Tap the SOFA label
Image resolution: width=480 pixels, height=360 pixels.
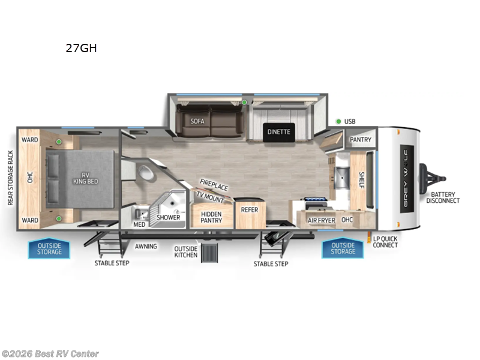197,121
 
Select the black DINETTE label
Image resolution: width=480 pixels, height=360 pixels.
278,132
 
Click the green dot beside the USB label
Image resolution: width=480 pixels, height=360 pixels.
338,121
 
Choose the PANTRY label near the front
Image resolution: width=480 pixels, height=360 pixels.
360,140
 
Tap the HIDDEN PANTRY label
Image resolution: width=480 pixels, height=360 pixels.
211,217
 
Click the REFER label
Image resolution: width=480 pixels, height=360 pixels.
249,209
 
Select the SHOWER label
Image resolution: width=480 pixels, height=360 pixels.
169,217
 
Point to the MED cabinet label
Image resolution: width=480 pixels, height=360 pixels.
139,224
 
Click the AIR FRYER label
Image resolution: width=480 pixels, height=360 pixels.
321,220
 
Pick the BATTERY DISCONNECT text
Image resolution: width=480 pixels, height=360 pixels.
443,197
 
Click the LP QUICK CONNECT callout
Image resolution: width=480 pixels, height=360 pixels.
385,242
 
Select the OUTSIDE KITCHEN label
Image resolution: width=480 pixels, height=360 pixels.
185,251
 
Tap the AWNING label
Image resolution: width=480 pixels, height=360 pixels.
145,246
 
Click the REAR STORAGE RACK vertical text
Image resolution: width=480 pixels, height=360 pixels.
10,178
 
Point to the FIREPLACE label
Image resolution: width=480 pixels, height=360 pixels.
214,184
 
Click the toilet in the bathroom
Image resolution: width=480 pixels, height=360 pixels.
145,174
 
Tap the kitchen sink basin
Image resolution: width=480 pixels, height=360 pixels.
341,178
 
